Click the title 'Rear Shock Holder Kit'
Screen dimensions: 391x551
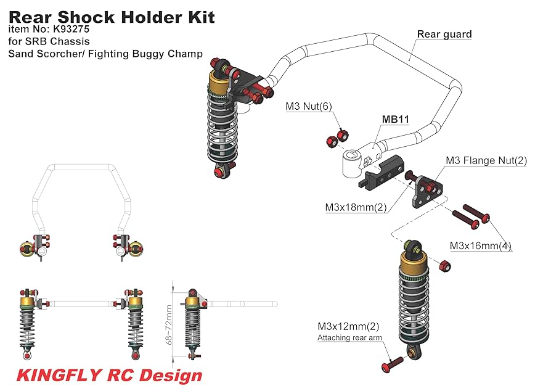tap(112, 17)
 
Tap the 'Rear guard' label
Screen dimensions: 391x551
tap(444, 34)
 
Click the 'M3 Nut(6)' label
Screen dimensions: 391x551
tap(308, 107)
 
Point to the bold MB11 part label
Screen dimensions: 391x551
tap(396, 119)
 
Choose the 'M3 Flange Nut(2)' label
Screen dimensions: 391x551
tap(486, 161)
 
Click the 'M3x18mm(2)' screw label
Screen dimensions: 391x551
tap(356, 207)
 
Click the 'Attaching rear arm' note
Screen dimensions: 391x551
tap(349, 337)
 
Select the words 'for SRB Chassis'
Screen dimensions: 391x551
tap(49, 41)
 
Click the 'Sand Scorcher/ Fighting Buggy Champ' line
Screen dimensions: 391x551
tap(105, 54)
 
